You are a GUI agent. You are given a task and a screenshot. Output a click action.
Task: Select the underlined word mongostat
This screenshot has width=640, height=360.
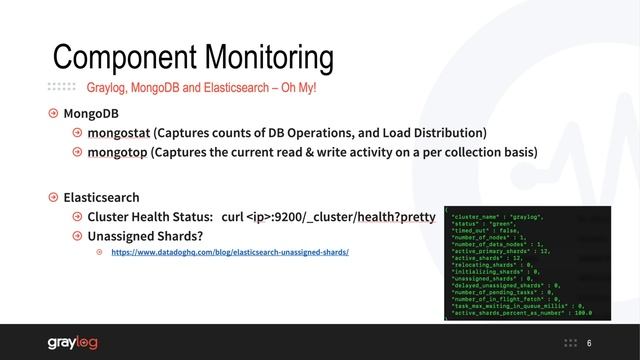click(118, 132)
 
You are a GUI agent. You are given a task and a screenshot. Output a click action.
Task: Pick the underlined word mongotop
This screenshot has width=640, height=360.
click(117, 152)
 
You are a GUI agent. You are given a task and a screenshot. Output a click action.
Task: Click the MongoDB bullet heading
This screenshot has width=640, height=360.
click(90, 113)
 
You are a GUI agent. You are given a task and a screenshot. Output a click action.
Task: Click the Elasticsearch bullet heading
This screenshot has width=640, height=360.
click(101, 197)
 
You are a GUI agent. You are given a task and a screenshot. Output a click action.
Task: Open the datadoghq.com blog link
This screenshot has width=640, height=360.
click(229, 252)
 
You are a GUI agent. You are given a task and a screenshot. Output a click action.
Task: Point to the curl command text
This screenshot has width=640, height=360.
click(329, 216)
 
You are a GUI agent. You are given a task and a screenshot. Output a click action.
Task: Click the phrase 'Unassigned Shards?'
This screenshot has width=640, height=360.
click(145, 236)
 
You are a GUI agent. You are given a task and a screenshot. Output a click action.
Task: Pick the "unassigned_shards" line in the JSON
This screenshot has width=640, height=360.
click(497, 278)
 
